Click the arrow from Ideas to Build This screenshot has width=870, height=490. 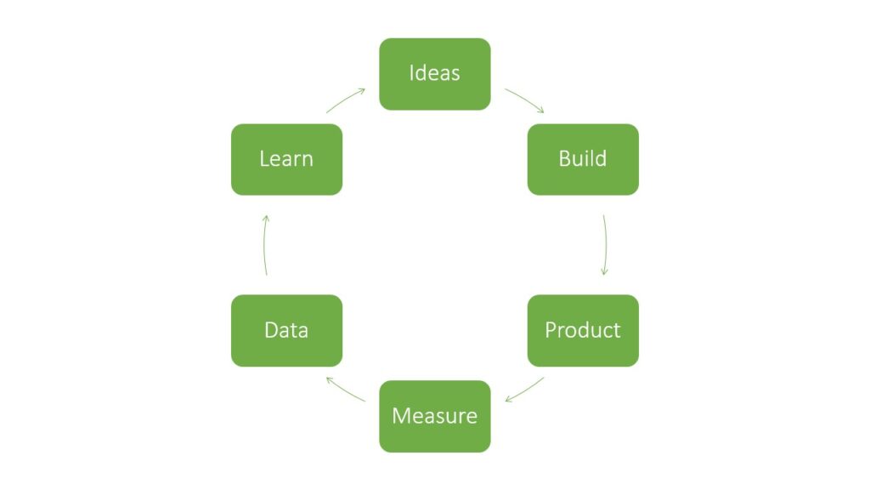coord(525,100)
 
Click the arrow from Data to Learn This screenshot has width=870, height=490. coord(264,245)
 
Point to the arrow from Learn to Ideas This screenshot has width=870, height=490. coord(345,100)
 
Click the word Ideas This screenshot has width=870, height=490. coord(434,73)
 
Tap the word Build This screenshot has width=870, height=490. coord(583,158)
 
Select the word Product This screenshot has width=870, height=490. coord(583,329)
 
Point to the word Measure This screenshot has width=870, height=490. coord(434,416)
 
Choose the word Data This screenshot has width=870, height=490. coord(286,329)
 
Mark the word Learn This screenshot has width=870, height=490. coord(286,158)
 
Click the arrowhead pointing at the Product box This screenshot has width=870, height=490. coord(604,271)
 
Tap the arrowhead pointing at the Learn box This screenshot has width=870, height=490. coord(266,218)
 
